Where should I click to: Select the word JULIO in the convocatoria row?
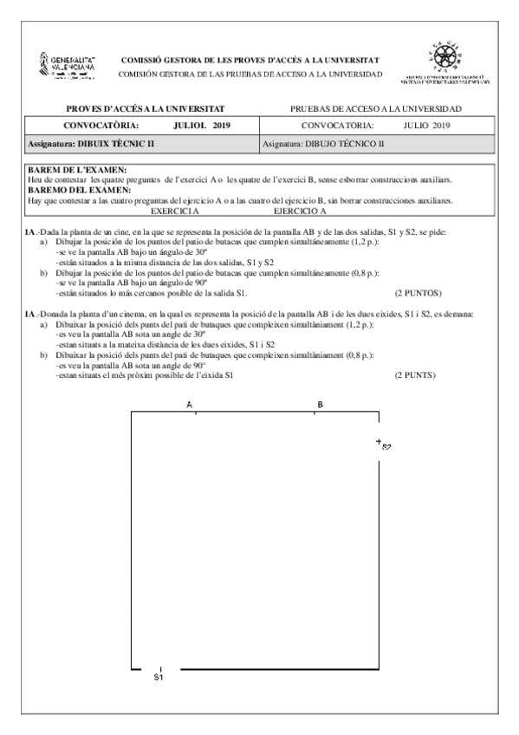tap(421, 126)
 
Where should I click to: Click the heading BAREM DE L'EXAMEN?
tap(76, 169)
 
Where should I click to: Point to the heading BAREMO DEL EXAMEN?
tap(79, 189)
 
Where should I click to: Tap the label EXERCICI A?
tap(174, 211)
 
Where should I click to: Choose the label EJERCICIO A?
tap(299, 211)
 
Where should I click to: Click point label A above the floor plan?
tap(189, 405)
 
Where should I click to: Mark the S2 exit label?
tap(386, 447)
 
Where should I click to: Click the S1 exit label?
tap(159, 677)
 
